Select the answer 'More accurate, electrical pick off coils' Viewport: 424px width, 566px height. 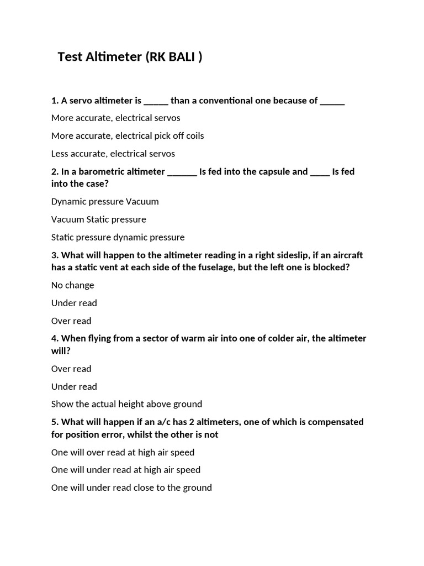pos(128,135)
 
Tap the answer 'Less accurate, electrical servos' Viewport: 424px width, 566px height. pos(113,154)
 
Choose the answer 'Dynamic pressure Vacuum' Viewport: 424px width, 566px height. pos(105,202)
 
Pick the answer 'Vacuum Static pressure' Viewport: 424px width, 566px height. pos(99,219)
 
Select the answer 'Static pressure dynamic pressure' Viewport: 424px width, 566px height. pos(118,237)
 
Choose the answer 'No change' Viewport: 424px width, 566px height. pos(73,285)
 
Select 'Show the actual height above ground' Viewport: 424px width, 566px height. pos(127,404)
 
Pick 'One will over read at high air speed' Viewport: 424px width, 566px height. pos(123,452)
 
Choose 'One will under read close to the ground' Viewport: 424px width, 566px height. pos(131,488)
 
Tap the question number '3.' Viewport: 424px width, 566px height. pos(55,255)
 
